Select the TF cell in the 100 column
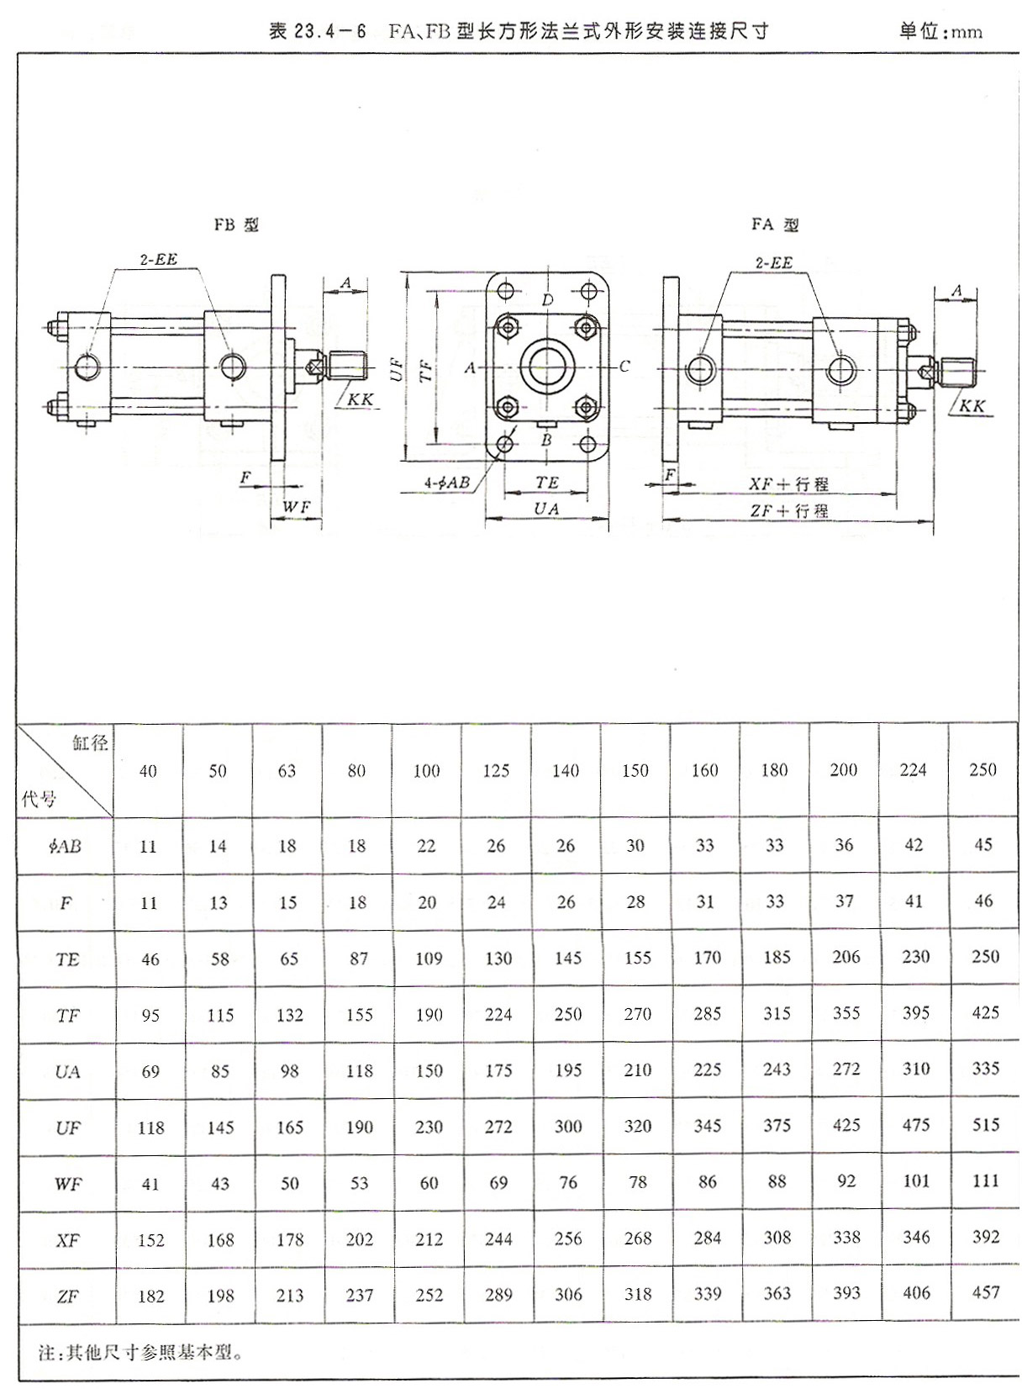429,1015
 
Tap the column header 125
496,770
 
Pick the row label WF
67,1184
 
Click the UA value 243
777,1069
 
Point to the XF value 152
150,1240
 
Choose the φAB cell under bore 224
914,845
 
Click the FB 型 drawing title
236,225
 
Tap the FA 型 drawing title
774,224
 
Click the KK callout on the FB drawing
361,400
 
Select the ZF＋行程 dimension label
788,510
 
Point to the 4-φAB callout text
446,483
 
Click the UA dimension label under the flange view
546,509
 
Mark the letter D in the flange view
547,300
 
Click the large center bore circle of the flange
547,366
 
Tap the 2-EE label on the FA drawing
773,263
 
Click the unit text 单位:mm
940,32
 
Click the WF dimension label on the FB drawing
296,507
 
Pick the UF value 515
985,1124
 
